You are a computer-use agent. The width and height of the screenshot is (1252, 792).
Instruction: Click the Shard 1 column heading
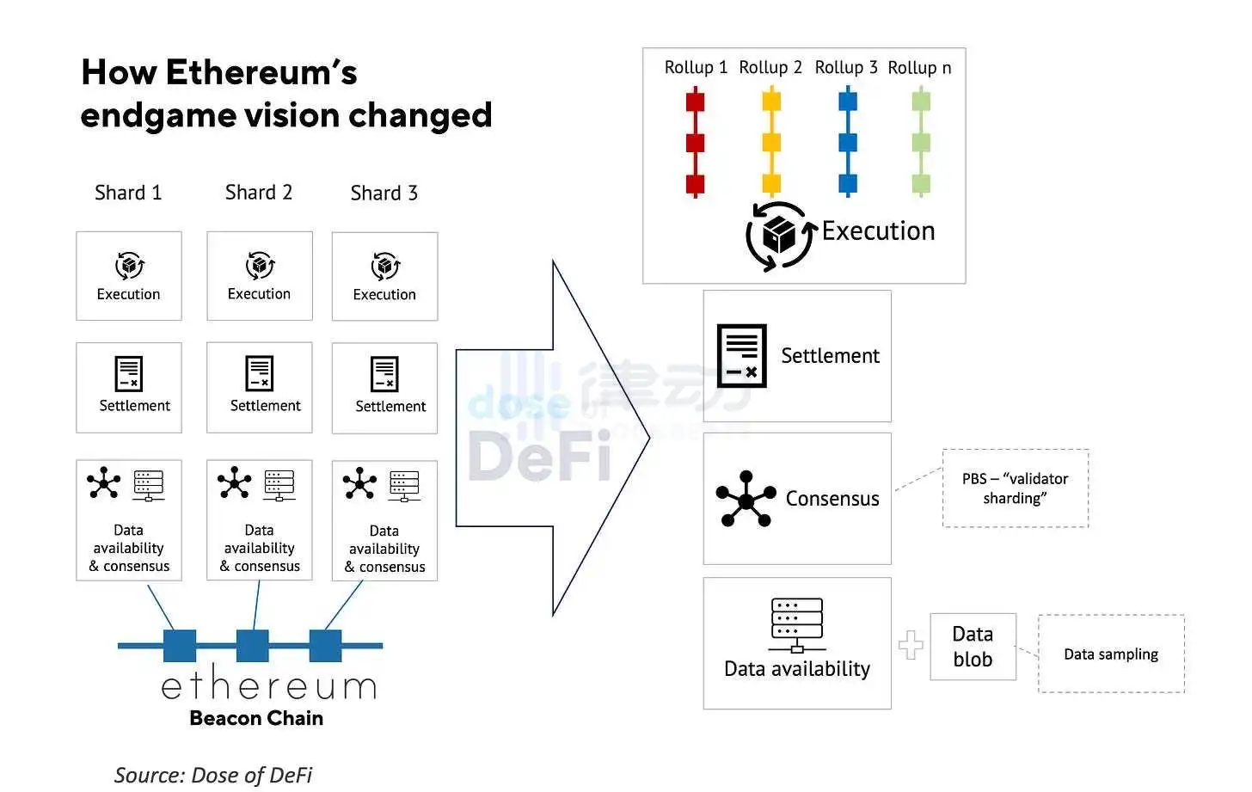click(x=128, y=193)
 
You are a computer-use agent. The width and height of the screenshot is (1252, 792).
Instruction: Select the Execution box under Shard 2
click(x=259, y=276)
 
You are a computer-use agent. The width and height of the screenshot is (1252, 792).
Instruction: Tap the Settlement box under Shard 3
click(x=384, y=388)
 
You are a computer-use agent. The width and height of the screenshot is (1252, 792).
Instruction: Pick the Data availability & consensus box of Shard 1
click(x=129, y=520)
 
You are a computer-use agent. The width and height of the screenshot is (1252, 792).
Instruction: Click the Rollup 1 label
click(x=696, y=67)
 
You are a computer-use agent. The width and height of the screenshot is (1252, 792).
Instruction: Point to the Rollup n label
click(x=919, y=68)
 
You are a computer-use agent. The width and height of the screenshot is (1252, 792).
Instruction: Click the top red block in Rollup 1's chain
click(x=695, y=101)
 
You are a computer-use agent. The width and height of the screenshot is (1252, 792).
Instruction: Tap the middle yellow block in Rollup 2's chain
click(x=771, y=143)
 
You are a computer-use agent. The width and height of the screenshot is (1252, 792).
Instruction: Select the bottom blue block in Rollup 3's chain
click(x=848, y=183)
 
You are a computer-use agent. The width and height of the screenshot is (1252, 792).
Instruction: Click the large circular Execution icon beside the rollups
click(x=779, y=235)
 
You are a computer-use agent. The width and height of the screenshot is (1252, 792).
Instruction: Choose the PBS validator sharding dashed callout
click(x=1016, y=488)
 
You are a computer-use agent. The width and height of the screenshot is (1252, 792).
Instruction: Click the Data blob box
click(x=973, y=647)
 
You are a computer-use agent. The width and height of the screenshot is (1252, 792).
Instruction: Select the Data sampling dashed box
click(x=1111, y=654)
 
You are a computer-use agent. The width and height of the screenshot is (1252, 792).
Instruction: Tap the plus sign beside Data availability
click(x=911, y=645)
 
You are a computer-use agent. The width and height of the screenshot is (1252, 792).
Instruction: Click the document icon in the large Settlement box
click(x=741, y=355)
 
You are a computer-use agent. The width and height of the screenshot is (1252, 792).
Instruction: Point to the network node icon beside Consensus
click(x=746, y=499)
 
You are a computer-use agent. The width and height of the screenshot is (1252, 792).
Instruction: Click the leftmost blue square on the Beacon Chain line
click(x=180, y=646)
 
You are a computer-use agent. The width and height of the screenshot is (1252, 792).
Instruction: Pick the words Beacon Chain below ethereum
click(x=256, y=718)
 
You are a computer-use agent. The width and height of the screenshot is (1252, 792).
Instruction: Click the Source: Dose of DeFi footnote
click(x=213, y=775)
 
